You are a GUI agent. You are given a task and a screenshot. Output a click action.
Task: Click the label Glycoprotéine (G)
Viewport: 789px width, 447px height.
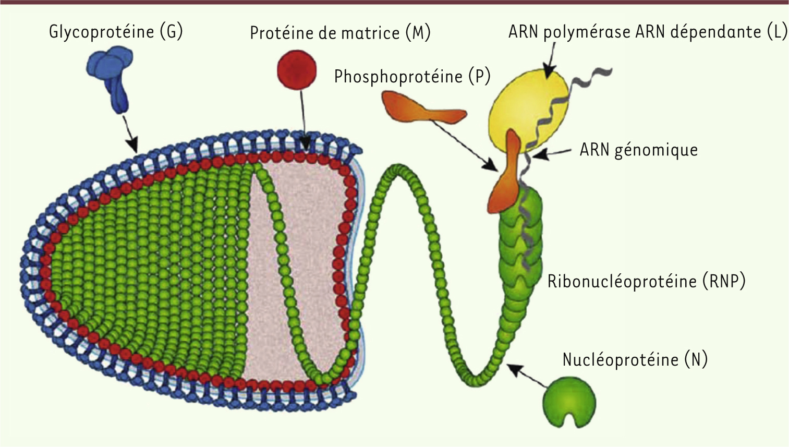pyautogui.click(x=116, y=32)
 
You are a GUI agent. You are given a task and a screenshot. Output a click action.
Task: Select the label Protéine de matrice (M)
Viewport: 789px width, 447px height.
pyautogui.click(x=340, y=33)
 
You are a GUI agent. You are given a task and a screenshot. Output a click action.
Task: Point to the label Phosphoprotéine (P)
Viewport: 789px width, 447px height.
pyautogui.click(x=412, y=77)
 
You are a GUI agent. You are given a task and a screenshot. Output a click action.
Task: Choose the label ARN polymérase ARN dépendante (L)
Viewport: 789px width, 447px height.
pyautogui.click(x=647, y=32)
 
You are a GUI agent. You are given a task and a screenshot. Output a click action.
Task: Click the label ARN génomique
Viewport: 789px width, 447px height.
pyautogui.click(x=638, y=150)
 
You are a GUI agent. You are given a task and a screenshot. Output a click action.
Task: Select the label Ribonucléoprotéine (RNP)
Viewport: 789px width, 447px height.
pyautogui.click(x=646, y=281)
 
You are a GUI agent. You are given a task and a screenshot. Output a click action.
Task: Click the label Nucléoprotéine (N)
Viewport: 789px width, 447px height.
pyautogui.click(x=635, y=359)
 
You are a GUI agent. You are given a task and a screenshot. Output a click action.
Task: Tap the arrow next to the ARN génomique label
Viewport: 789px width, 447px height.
pyautogui.click(x=553, y=153)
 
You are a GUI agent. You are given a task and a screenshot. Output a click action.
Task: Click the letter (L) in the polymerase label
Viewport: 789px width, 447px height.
pyautogui.click(x=776, y=32)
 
